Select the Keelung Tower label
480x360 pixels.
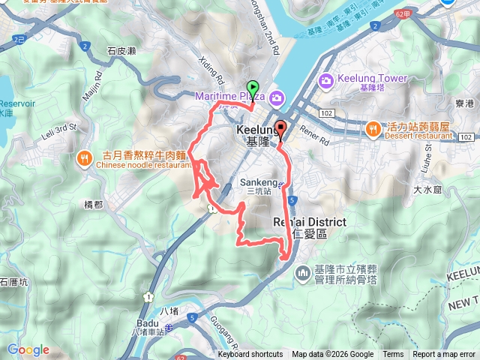coord(373,79)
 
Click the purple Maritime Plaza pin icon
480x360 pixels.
coord(277,97)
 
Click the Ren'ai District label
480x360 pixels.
coord(309,223)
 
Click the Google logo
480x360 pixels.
coord(28,349)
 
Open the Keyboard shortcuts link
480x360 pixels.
coord(250,355)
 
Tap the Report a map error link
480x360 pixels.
coord(443,355)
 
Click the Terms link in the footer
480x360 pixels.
coord(393,355)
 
